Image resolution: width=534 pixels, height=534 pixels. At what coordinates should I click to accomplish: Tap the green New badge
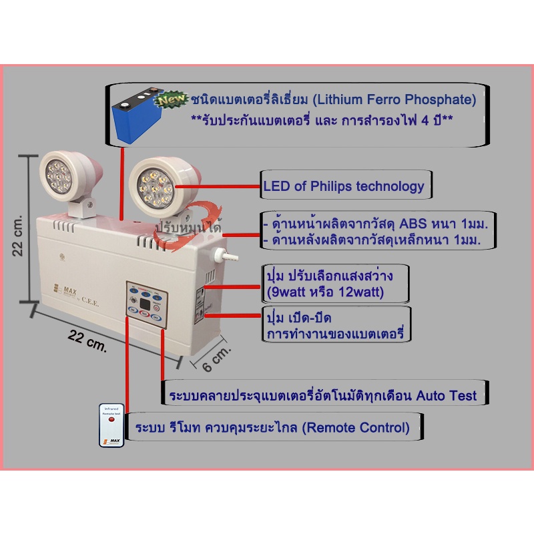[x=172, y=100]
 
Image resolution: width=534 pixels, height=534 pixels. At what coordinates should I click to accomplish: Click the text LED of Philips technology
[x=344, y=187]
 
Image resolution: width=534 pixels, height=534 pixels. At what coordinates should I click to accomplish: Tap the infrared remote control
[x=111, y=425]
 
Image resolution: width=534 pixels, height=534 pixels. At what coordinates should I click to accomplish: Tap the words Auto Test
[x=447, y=395]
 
